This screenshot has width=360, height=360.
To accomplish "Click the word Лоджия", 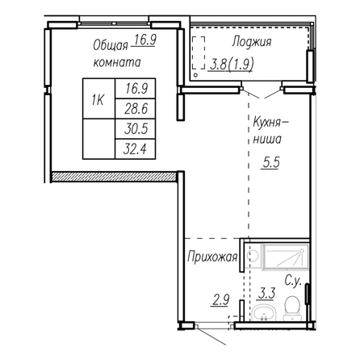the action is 252,42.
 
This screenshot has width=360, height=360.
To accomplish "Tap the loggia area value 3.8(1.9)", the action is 232,65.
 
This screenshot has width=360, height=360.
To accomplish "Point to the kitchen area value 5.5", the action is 271,162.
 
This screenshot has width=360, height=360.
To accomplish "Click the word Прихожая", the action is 212,257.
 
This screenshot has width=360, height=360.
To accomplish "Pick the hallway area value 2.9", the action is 221,300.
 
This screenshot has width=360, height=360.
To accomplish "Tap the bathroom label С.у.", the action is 292,282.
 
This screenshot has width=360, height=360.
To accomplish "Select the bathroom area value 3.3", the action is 266,293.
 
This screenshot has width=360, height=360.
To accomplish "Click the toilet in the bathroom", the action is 291,308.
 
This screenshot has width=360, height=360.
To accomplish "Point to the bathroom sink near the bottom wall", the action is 265,314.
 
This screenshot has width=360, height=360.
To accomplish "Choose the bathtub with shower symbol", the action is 286,257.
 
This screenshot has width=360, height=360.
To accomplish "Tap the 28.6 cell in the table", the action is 136,109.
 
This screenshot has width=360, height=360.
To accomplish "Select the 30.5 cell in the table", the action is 136,129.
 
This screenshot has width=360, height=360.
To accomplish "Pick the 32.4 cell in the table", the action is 136,149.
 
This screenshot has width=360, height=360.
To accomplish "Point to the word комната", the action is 117,62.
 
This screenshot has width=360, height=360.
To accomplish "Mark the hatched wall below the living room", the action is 113,177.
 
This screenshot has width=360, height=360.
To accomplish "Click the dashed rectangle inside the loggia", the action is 199,53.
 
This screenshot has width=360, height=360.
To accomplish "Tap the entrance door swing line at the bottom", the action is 211,336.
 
